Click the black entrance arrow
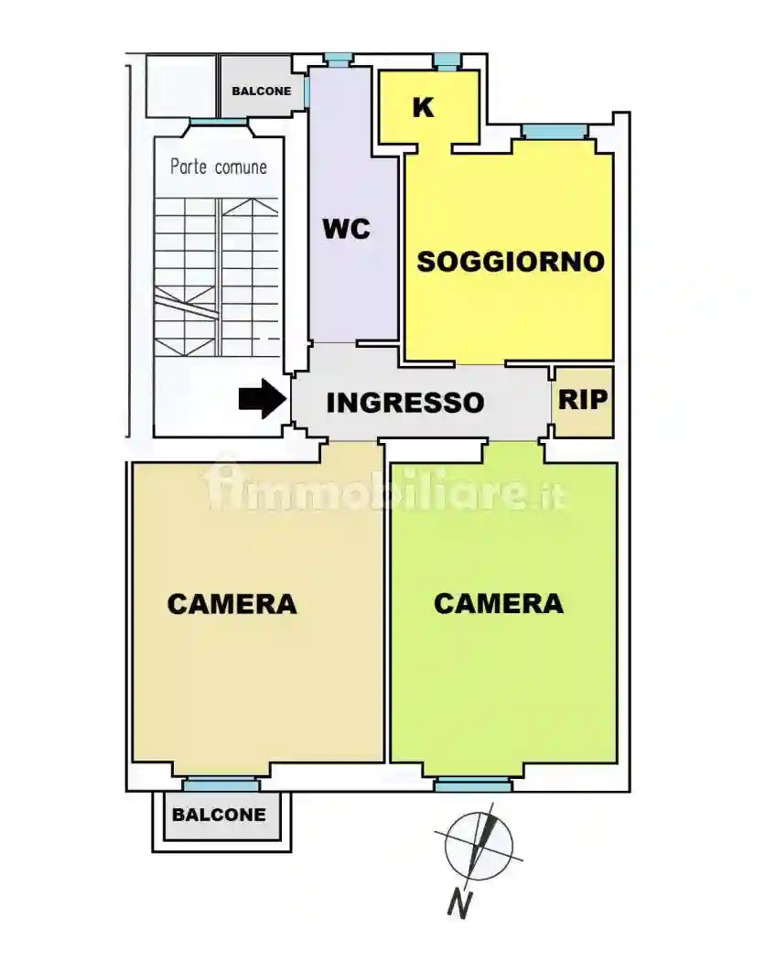262,399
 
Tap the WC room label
346,229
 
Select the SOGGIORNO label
511,262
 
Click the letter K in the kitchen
423,107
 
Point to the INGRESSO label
404,402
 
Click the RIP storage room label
583,400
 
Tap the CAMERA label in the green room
498,603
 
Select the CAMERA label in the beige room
232,604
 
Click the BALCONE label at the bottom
220,815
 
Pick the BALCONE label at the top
261,92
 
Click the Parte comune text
219,167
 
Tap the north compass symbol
479,847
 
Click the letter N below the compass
460,904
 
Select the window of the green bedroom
472,784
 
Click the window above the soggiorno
555,133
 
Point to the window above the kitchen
447,61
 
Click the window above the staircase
218,123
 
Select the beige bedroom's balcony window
220,784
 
